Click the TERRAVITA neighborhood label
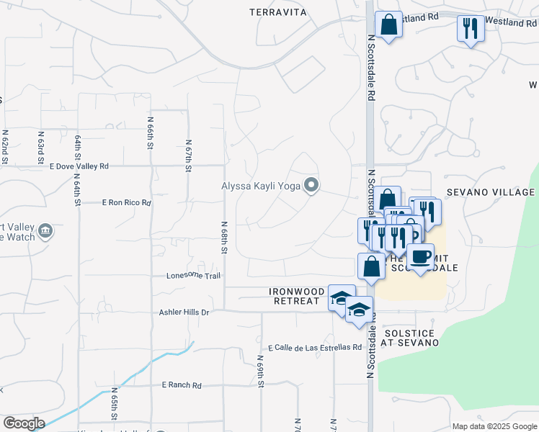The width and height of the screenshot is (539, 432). pyautogui.click(x=278, y=12)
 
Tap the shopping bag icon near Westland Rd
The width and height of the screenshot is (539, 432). pyautogui.click(x=388, y=24)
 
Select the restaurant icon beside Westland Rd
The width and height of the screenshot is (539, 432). pyautogui.click(x=470, y=29)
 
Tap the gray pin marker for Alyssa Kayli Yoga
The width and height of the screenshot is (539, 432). pyautogui.click(x=311, y=186)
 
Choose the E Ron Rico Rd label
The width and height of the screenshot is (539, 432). pyautogui.click(x=127, y=203)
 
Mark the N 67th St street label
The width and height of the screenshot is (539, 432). pyautogui.click(x=187, y=155)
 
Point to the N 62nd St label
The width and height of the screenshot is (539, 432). pyautogui.click(x=4, y=147)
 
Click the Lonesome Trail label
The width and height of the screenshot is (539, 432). pyautogui.click(x=193, y=275)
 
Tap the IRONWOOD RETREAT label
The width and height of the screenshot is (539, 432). pyautogui.click(x=294, y=296)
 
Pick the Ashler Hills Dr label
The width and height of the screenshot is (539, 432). pyautogui.click(x=184, y=312)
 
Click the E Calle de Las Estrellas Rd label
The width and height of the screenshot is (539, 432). pyautogui.click(x=314, y=346)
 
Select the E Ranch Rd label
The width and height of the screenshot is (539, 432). pyautogui.click(x=182, y=385)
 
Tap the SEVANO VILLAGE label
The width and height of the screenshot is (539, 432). pyautogui.click(x=490, y=192)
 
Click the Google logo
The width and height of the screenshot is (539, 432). pyautogui.click(x=24, y=423)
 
